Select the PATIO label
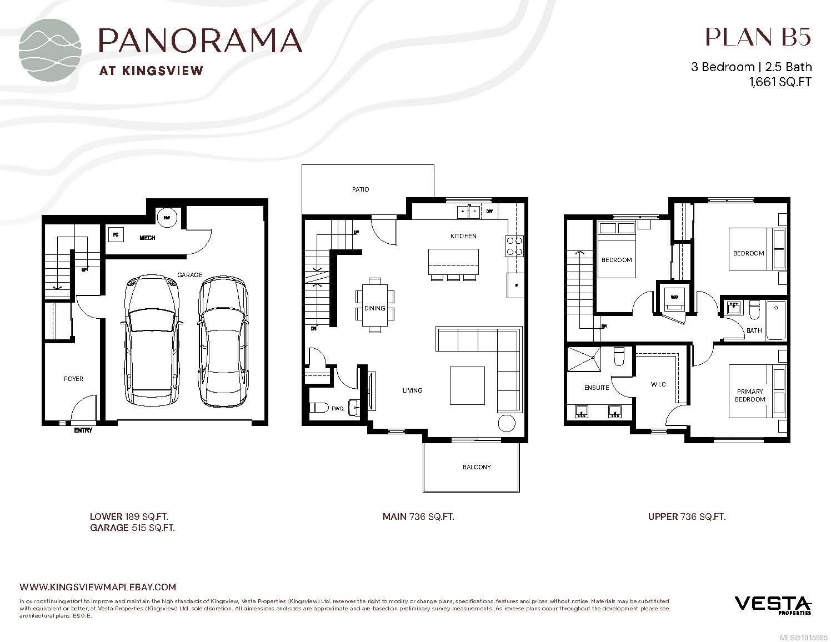tap(360, 189)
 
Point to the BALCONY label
tap(476, 467)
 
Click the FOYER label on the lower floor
tap(73, 379)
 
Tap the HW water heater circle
tap(166, 217)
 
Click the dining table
tap(375, 305)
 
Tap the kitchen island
tap(453, 262)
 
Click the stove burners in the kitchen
tap(514, 245)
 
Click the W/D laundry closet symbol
tap(674, 297)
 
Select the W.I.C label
tap(658, 384)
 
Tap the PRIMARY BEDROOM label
tap(750, 395)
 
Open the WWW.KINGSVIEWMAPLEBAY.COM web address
tap(98, 587)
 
